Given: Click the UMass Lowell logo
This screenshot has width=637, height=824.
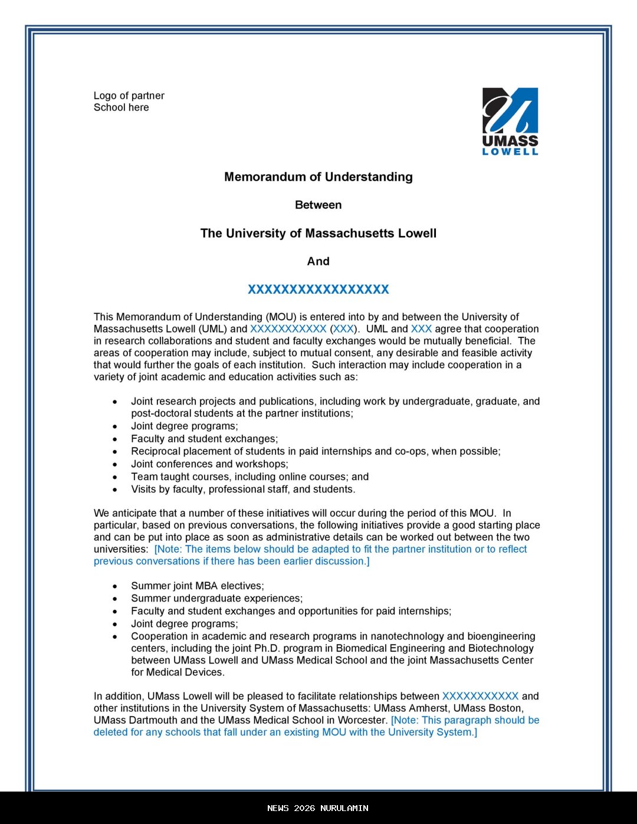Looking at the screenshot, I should pyautogui.click(x=510, y=121).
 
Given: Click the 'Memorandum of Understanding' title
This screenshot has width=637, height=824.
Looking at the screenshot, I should pyautogui.click(x=318, y=177).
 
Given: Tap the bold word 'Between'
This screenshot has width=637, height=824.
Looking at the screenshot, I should pyautogui.click(x=318, y=205).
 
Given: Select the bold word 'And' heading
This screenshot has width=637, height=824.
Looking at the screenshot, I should pyautogui.click(x=318, y=261).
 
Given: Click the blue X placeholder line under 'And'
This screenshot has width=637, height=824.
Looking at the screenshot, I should pyautogui.click(x=318, y=290).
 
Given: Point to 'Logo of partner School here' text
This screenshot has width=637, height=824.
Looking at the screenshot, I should pyautogui.click(x=129, y=101).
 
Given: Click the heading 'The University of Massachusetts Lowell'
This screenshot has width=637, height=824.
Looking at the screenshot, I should pyautogui.click(x=318, y=234).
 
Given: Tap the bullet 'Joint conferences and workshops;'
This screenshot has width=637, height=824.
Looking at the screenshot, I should pyautogui.click(x=209, y=464).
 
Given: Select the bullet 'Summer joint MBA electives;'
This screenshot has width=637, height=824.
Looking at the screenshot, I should pyautogui.click(x=198, y=586).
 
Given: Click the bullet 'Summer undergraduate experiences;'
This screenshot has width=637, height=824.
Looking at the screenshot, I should pyautogui.click(x=216, y=598).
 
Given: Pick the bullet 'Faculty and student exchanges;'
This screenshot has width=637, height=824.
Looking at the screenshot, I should pyautogui.click(x=204, y=439).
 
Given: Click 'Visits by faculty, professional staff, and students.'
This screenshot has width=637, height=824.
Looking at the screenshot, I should pyautogui.click(x=243, y=489).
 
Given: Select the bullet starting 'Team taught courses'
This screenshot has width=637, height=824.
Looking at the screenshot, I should pyautogui.click(x=249, y=477).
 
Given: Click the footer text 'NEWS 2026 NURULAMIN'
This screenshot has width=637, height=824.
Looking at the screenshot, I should pyautogui.click(x=318, y=808).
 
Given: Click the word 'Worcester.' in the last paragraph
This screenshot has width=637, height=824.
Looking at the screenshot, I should pyautogui.click(x=362, y=720).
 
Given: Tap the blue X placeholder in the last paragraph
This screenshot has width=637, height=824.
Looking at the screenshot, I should pyautogui.click(x=480, y=697).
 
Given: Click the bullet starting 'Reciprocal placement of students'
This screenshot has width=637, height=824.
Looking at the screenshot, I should pyautogui.click(x=316, y=451).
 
